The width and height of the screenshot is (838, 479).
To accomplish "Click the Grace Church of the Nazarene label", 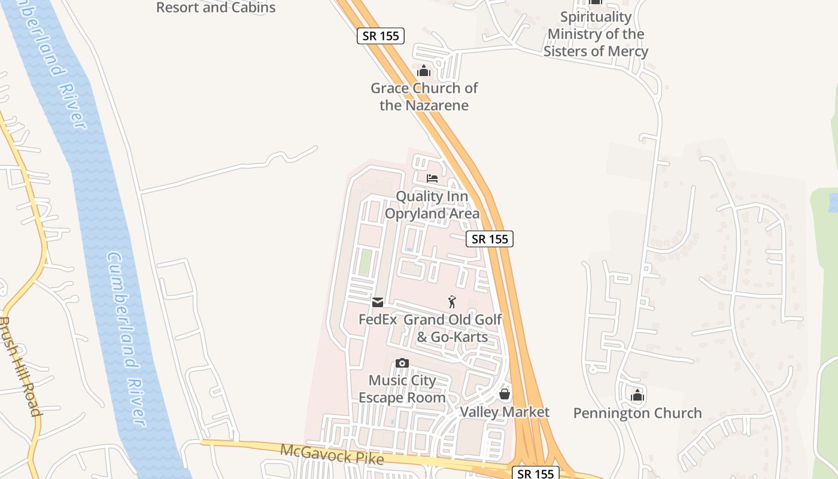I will point(424,97).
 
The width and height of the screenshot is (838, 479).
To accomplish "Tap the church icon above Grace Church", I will point(424,71).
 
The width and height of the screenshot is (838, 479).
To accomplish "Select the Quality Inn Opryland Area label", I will point(432,205).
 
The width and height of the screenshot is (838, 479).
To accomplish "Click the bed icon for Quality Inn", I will point(432,178).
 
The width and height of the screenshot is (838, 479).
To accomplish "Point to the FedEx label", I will point(378,319).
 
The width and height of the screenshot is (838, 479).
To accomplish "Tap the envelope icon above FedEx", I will point(378,302).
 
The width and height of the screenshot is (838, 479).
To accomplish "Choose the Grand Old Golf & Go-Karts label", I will point(453,328).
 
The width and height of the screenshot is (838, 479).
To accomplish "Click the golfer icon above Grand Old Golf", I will point(453,302).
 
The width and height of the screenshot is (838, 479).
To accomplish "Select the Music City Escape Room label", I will point(402,389).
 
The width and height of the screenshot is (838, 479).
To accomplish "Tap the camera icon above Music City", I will point(402,363).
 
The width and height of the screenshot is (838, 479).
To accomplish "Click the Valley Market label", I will point(505,412).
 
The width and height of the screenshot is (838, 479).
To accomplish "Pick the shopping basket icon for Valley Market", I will point(505,394).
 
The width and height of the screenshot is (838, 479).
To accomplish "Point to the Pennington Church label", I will point(637,413).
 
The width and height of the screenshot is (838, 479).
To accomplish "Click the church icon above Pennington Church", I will point(637,395).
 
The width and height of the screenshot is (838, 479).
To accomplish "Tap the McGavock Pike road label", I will point(332,455).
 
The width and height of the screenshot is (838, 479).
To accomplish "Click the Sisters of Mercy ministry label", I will point(596,34).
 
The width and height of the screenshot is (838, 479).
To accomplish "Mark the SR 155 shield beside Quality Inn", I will point(490,239).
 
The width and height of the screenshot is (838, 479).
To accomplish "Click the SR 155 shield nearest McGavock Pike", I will point(536,474).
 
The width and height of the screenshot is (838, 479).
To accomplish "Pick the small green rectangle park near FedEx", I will point(365,262).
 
